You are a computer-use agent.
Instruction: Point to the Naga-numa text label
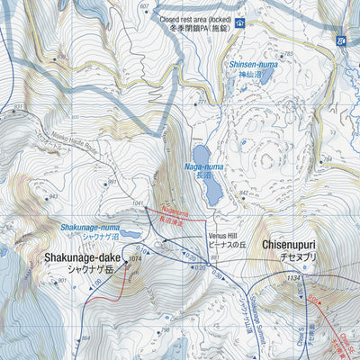(x=203, y=166)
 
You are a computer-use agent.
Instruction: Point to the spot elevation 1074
(x=135, y=259)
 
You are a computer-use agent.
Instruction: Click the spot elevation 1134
(x=292, y=278)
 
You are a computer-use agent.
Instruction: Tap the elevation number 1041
(x=138, y=205)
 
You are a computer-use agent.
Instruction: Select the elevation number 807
(x=144, y=6)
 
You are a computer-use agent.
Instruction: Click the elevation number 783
(x=288, y=55)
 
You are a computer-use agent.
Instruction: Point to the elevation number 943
(x=53, y=197)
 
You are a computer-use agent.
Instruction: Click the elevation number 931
(x=18, y=105)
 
